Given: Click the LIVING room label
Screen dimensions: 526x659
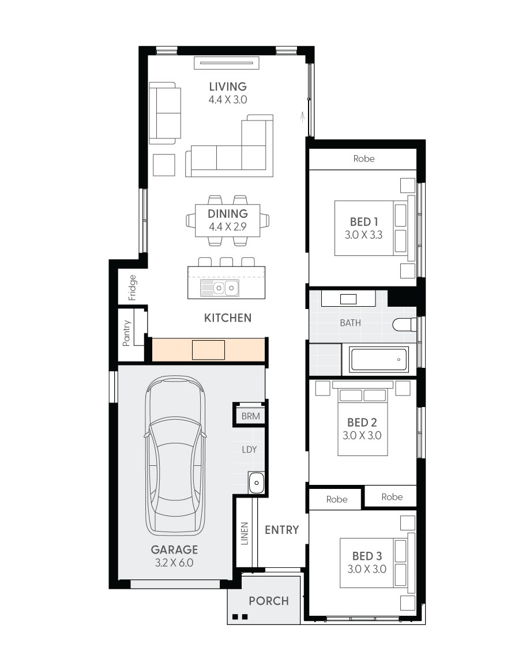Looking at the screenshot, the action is (228, 86).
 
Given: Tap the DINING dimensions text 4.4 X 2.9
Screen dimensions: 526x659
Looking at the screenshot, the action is (228, 227).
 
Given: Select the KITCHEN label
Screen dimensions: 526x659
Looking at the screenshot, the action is (228, 318).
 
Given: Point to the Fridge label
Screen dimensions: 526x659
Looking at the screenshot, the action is (133, 288).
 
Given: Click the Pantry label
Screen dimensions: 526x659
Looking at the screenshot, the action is (126, 333).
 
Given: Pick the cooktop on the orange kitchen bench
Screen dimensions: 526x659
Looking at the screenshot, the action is (208, 349).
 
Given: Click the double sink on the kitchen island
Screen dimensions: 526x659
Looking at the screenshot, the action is (220, 288).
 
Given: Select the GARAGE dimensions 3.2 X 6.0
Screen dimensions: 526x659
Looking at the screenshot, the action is (174, 563).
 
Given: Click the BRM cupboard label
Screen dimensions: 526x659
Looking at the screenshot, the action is (250, 416).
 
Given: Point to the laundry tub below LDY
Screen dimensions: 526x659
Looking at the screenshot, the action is (256, 483).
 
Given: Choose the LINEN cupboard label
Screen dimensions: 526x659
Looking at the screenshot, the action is (245, 533).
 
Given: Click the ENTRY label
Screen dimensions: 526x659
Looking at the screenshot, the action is (281, 530).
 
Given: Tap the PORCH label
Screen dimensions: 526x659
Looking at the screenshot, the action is (269, 601).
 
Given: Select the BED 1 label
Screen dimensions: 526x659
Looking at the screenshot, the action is (364, 222).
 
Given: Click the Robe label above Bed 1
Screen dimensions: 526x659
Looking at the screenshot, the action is (364, 159).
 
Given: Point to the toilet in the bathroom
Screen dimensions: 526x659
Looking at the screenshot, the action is (404, 325).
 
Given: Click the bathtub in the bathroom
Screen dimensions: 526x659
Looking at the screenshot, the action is (380, 359).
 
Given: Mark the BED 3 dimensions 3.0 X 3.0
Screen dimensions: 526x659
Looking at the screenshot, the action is (367, 569).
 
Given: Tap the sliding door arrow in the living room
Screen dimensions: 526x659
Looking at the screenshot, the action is (302, 117).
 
